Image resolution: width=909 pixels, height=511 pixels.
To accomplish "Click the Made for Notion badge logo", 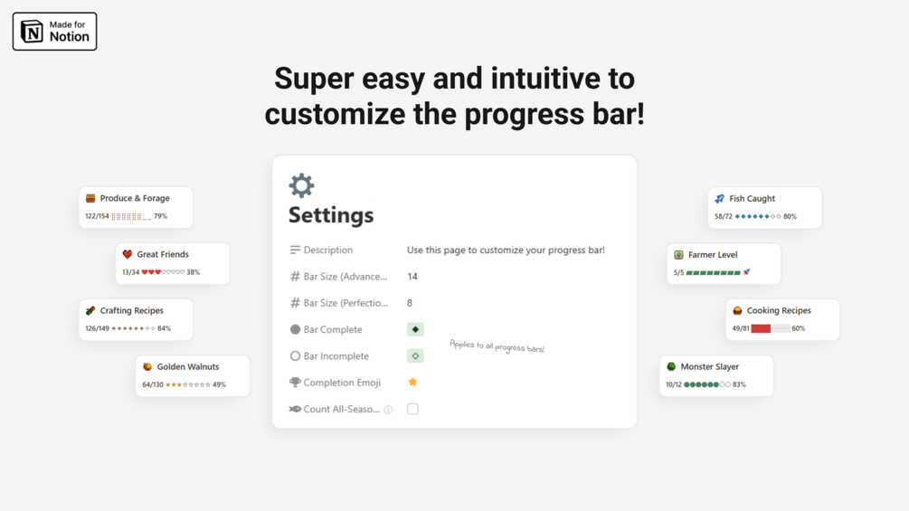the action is click(32, 32).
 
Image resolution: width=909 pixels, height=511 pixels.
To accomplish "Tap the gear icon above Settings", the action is click(301, 185).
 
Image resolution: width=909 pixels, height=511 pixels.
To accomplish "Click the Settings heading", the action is click(331, 215).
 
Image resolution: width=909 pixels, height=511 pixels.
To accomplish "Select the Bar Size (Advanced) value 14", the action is click(412, 277).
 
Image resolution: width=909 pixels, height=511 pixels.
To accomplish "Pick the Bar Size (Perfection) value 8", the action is click(410, 303).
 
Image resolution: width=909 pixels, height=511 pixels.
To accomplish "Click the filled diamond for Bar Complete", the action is click(415, 329).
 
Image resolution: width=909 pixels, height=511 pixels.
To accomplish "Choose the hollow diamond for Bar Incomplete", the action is click(415, 355).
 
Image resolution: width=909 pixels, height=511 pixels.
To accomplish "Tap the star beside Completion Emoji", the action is click(412, 382).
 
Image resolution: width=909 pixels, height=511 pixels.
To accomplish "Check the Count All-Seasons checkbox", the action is click(412, 409).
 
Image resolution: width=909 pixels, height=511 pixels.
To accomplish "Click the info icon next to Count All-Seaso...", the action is click(388, 410).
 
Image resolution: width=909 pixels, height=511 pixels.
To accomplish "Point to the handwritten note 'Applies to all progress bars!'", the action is click(497, 345).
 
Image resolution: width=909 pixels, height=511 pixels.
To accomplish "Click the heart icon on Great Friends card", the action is click(128, 254).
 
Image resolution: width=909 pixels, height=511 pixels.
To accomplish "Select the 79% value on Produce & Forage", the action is click(161, 216).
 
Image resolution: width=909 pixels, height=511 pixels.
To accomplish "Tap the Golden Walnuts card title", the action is click(188, 366).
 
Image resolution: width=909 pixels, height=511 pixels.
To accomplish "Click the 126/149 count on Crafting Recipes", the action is click(97, 328).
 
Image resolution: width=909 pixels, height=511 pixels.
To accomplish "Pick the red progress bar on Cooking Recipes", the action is click(761, 328).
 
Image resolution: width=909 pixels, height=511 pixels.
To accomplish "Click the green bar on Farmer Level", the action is click(713, 272).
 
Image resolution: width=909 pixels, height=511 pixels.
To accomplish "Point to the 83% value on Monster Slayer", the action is click(739, 384).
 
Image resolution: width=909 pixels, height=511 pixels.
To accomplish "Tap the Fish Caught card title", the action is click(752, 199).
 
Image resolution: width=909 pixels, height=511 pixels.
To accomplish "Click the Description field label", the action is click(328, 250).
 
